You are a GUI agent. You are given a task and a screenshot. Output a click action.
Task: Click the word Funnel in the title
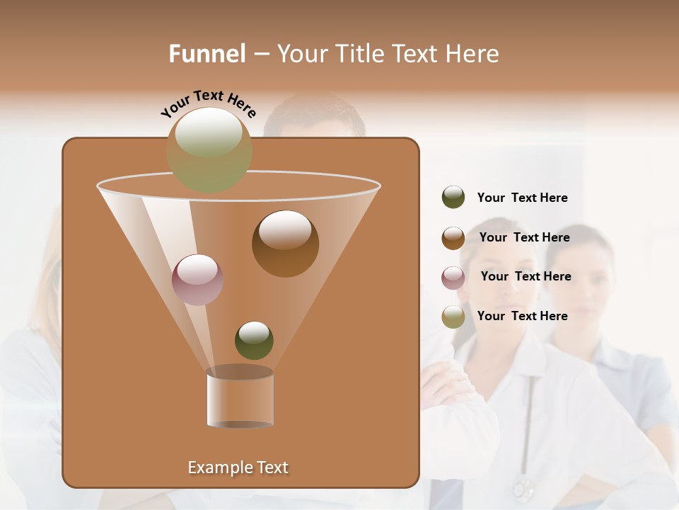(x=207, y=54)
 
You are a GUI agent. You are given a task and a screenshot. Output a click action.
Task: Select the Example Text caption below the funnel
(x=238, y=467)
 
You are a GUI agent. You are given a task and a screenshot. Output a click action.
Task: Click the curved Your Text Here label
(x=208, y=103)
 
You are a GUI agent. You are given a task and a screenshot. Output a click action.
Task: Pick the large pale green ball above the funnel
(x=209, y=149)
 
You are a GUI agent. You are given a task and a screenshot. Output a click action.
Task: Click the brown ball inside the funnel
(x=285, y=244)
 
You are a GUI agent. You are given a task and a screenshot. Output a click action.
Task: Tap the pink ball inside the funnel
(x=197, y=280)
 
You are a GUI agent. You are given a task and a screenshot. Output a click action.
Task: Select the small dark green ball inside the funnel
(x=254, y=341)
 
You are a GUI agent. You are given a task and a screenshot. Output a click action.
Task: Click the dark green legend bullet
(x=453, y=198)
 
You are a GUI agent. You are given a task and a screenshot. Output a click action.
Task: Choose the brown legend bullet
(x=453, y=238)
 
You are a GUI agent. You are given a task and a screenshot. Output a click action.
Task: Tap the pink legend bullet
(x=453, y=278)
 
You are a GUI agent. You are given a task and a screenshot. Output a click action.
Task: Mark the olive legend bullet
(x=453, y=317)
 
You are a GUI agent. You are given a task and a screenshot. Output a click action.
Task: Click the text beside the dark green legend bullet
(x=522, y=198)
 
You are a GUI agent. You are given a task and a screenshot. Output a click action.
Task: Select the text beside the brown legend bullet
(x=524, y=237)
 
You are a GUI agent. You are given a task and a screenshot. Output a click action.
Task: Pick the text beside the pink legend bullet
(x=526, y=276)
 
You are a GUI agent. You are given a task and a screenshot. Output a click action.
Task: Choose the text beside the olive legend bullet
(x=522, y=316)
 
